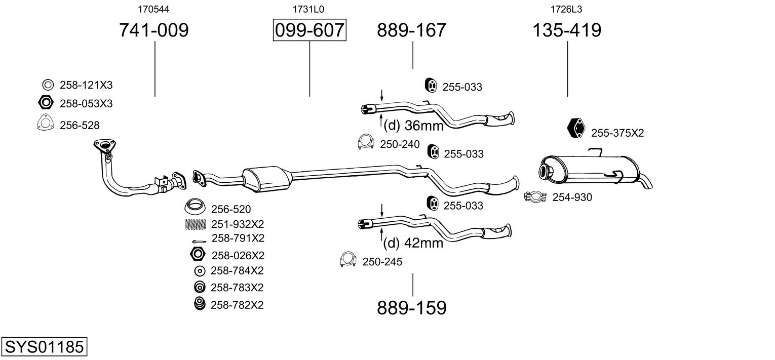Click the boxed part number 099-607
click(x=309, y=30)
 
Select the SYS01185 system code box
click(x=44, y=347)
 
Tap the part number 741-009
click(x=153, y=30)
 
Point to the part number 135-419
click(x=566, y=30)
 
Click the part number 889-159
click(x=412, y=307)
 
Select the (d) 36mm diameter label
click(x=413, y=125)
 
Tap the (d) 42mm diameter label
click(x=413, y=243)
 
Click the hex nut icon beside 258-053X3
click(x=46, y=103)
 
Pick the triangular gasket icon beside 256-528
click(x=45, y=124)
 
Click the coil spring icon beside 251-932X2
click(x=195, y=224)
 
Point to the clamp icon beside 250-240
click(x=365, y=143)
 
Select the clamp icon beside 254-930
click(x=535, y=196)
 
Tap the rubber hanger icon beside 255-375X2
click(x=576, y=128)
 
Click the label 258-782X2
click(x=237, y=304)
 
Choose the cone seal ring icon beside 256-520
click(x=195, y=207)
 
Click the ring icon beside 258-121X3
click(x=48, y=85)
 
